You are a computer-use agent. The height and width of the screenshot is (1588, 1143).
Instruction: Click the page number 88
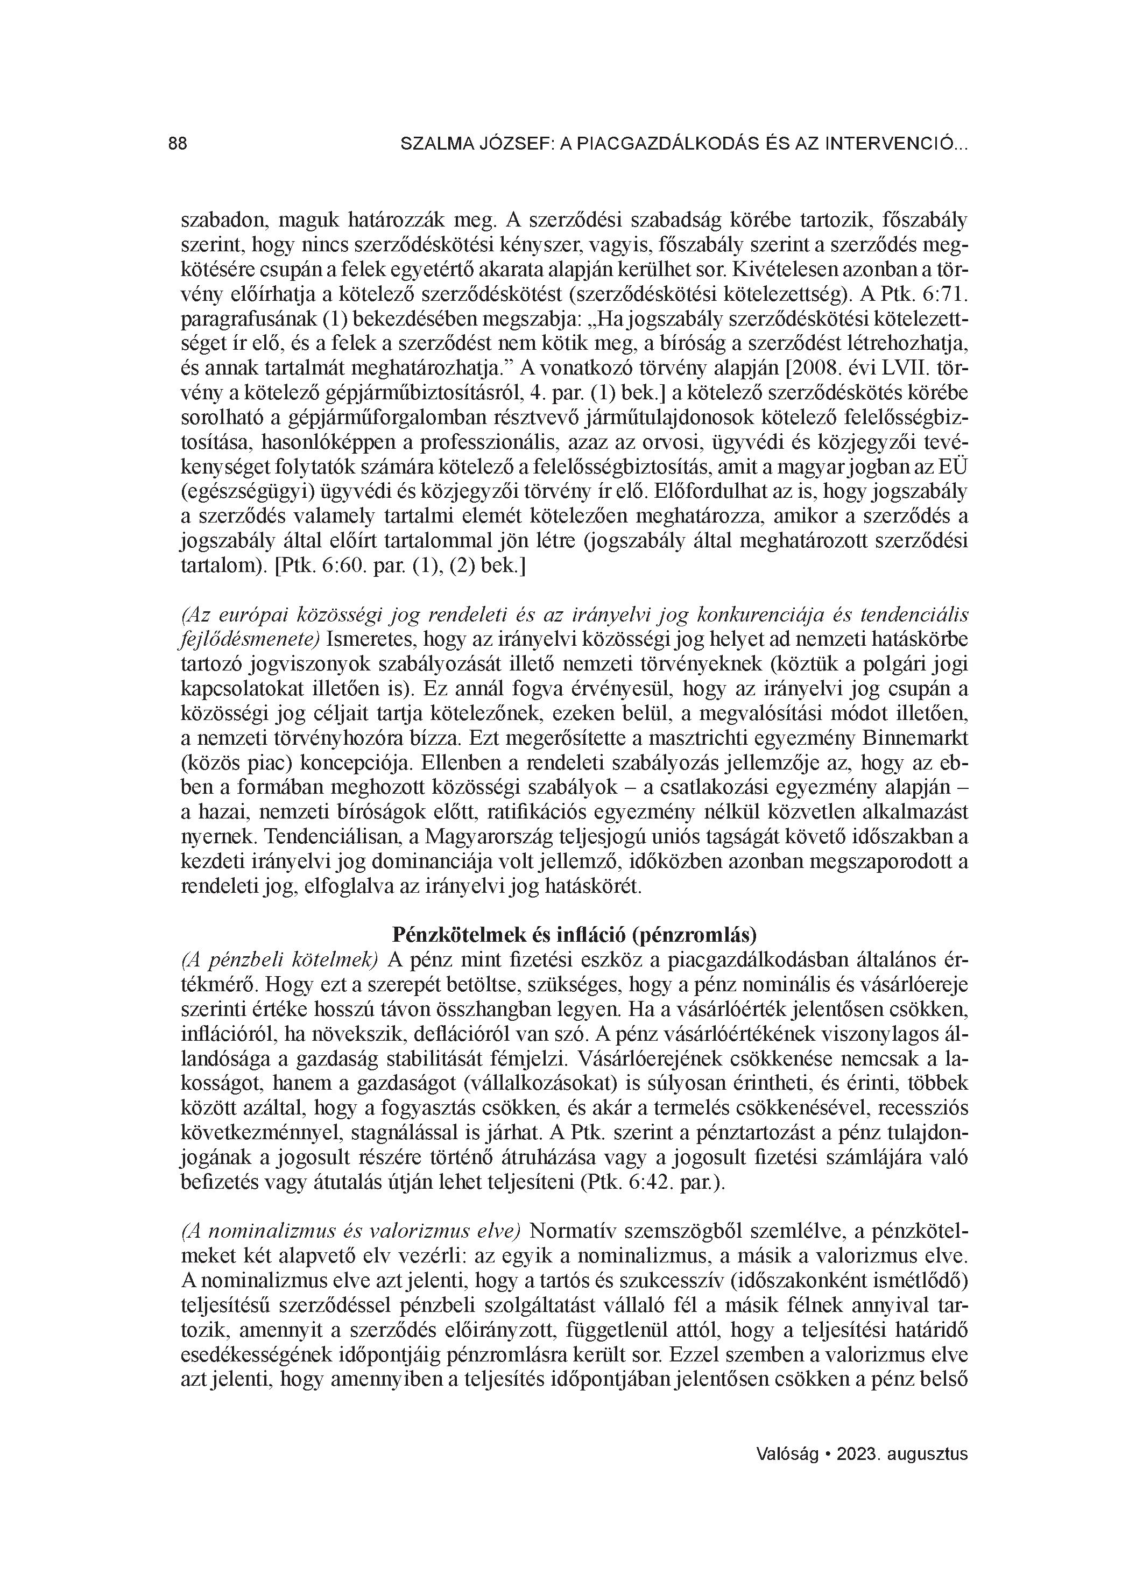tap(178, 144)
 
